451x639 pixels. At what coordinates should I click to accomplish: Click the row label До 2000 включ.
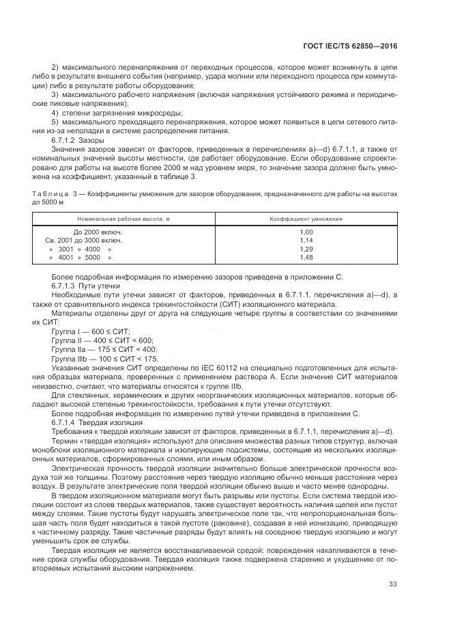coord(98,232)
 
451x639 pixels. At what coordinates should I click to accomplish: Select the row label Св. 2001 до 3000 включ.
coord(84,241)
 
